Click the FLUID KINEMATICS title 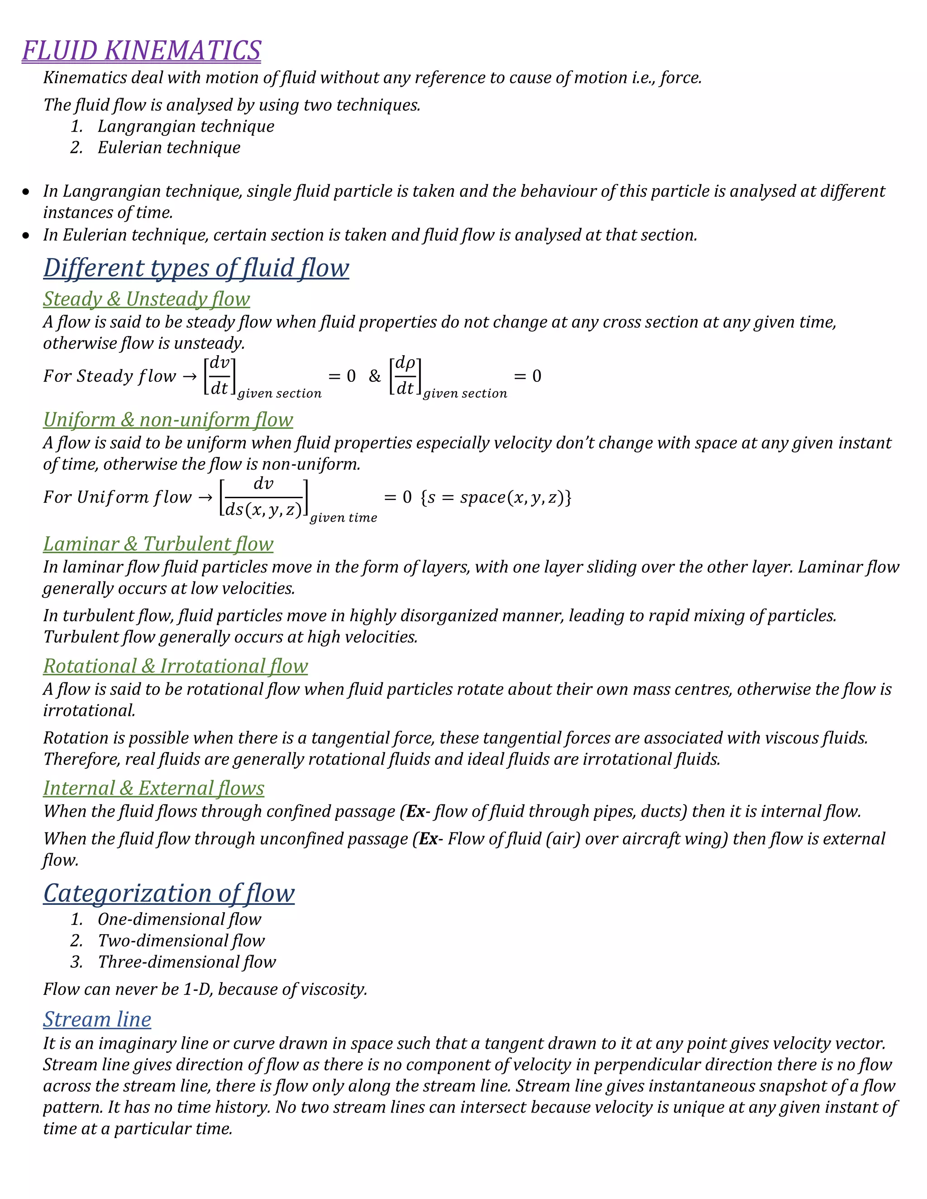coord(141,51)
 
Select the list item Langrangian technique coord(186,126)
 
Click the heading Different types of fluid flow coord(196,268)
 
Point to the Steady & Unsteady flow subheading coord(146,299)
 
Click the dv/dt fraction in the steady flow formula coord(220,376)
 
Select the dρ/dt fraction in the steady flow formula coord(405,376)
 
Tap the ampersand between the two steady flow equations coord(374,376)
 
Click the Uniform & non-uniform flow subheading coord(167,419)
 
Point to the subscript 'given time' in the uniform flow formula coord(343,518)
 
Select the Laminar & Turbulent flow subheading coord(158,543)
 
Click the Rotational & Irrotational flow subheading coord(175,666)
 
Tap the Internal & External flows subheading coord(154,788)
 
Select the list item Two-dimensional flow coord(181,941)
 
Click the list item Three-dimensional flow coord(187,962)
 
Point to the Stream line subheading coord(97,1019)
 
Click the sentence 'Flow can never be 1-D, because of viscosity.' coord(205,989)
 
